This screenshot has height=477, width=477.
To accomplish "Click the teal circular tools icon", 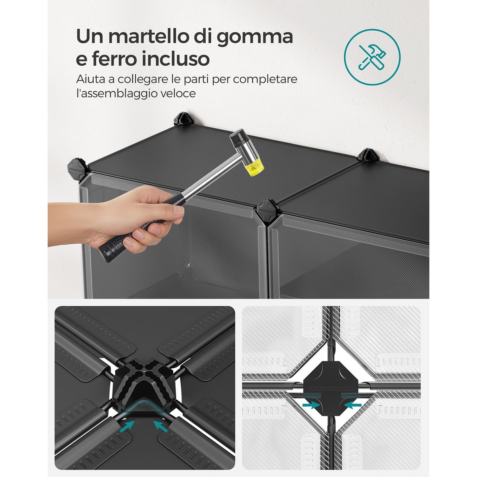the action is pos(372,57).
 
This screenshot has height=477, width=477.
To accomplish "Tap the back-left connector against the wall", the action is pos(184,119).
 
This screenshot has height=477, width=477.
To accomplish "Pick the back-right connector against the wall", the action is pos(368,155).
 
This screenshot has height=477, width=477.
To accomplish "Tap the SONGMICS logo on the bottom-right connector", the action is pos(332,389).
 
